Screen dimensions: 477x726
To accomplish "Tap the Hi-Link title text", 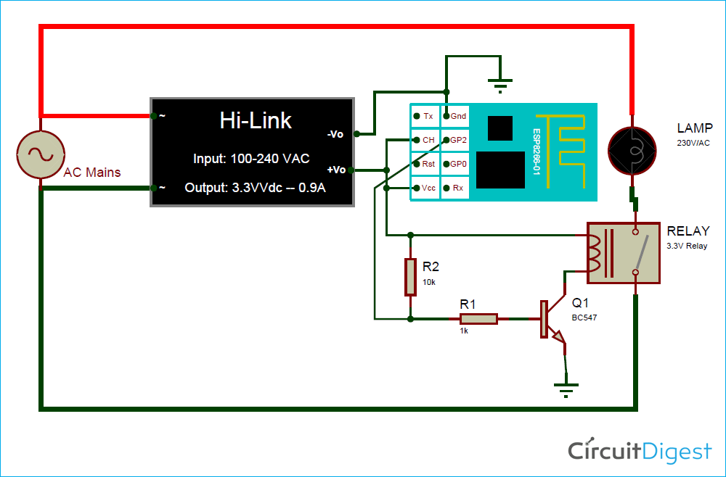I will click(256, 120).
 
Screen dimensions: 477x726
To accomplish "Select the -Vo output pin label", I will click(335, 134).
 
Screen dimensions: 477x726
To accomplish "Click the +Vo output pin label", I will click(335, 170).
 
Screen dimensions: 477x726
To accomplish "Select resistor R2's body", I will click(410, 277).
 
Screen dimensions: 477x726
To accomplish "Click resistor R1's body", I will click(478, 318).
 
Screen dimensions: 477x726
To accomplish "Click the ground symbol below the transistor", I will click(566, 389).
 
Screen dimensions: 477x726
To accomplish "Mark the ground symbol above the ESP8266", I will click(499, 85).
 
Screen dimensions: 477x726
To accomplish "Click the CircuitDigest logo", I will click(640, 452).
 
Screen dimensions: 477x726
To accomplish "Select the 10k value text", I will click(429, 282).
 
